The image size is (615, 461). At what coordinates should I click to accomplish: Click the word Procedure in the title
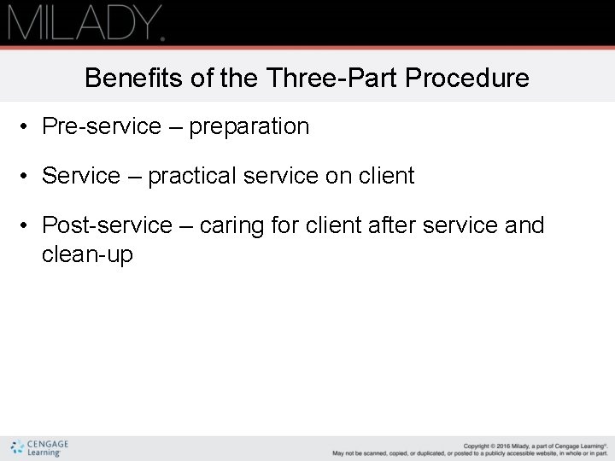point(467,79)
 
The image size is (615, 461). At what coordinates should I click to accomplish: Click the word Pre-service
point(101,126)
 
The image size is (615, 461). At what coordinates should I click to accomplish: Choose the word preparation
point(249,126)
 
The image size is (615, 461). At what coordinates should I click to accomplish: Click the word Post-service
point(107,225)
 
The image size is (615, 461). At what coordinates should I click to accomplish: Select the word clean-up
point(87,254)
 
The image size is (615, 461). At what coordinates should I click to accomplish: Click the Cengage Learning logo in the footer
point(39,448)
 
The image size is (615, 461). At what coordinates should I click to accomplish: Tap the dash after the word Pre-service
point(174,127)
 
